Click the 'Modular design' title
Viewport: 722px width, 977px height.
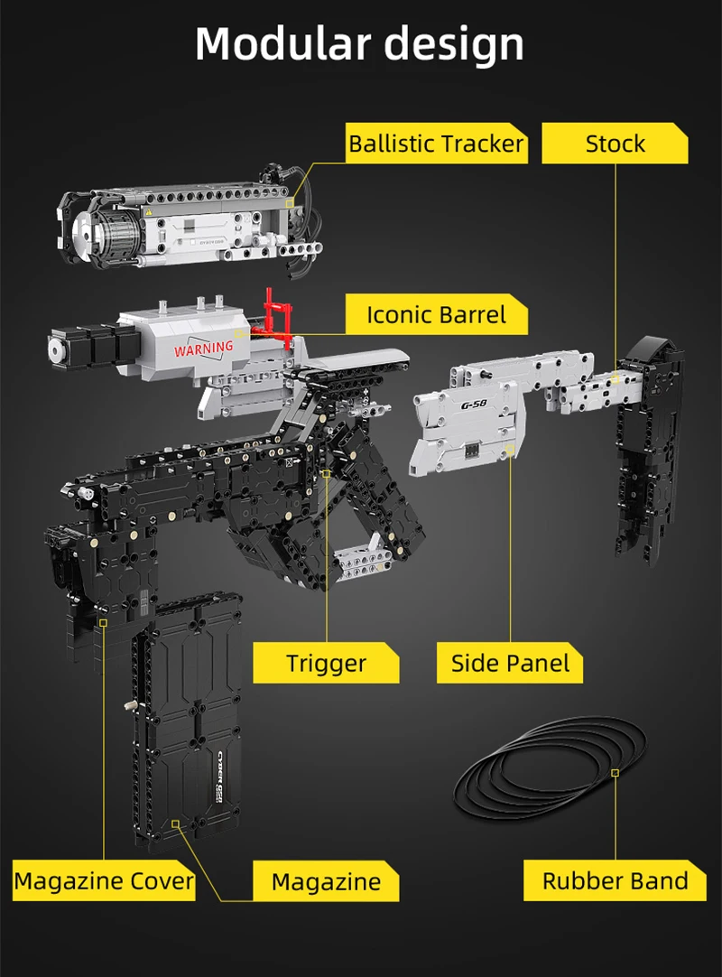(359, 43)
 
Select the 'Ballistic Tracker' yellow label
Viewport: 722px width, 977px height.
(437, 144)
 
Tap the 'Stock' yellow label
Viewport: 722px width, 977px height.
(615, 144)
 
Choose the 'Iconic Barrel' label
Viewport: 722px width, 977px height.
(437, 315)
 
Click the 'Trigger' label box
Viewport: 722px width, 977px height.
(326, 664)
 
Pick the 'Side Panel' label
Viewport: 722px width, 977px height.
(510, 664)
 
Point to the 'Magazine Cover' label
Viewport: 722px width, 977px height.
(104, 880)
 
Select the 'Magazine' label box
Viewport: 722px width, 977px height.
(326, 881)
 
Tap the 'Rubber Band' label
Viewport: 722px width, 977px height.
(615, 880)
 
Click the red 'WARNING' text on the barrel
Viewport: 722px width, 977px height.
(203, 348)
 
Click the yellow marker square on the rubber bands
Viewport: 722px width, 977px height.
(615, 773)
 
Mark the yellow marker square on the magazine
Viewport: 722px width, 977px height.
(175, 823)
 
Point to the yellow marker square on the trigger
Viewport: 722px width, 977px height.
(326, 472)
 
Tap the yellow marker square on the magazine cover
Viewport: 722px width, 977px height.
(104, 622)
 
